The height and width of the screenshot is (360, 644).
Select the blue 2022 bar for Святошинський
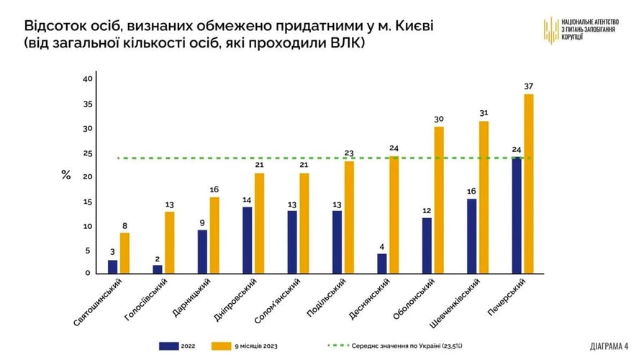[112, 266]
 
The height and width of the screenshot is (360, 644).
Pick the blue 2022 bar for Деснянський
[382, 264]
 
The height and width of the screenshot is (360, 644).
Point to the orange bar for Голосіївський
[169, 243]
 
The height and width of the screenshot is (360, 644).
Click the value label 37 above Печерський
[530, 87]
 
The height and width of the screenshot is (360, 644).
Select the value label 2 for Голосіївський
[158, 258]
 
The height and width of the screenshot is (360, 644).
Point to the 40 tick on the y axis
[88, 79]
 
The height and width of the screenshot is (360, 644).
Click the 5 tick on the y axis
[88, 251]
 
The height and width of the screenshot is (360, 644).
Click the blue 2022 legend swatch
[169, 345]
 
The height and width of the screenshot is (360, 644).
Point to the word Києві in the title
[413, 26]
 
